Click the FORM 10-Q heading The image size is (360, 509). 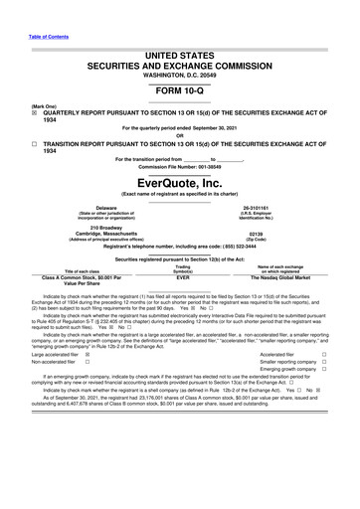tap(180, 88)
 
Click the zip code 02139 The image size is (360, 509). tap(270, 234)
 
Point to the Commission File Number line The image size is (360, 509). tap(180, 164)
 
